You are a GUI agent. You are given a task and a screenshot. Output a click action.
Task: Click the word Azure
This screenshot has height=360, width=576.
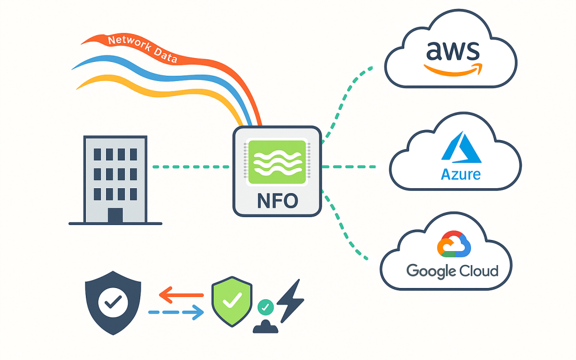tap(461, 174)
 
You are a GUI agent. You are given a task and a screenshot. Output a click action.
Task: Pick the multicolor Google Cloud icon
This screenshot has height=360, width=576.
tap(454, 247)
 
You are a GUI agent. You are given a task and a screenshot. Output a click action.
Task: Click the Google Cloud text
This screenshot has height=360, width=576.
tap(452, 271)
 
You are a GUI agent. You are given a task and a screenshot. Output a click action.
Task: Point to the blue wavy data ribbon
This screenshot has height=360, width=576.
tap(160, 72)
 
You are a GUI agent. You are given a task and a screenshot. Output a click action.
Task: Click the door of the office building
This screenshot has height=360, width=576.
tap(115, 215)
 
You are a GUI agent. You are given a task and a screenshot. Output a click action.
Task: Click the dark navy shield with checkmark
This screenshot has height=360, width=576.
tap(113, 302)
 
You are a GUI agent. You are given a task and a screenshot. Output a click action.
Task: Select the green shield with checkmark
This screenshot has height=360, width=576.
tap(231, 302)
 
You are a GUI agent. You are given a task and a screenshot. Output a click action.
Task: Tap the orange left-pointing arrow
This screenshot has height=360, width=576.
tap(181, 294)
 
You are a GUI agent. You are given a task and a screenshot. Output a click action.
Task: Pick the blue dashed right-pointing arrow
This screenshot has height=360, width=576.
tap(176, 312)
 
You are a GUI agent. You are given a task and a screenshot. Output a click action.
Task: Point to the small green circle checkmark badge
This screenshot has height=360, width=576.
tap(265, 307)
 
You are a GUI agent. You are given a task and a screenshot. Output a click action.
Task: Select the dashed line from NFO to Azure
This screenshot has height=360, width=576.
tap(349, 167)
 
